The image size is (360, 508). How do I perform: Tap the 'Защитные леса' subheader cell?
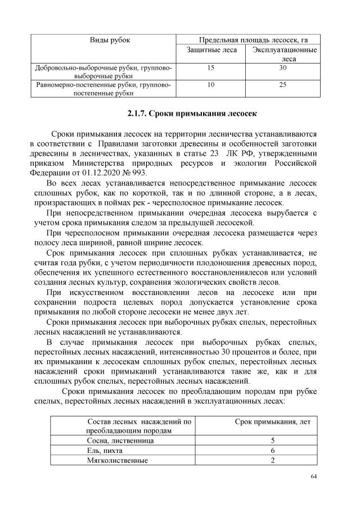[x=211, y=51]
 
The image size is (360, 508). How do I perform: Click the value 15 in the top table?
[x=211, y=68]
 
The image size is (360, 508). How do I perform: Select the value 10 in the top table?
[x=211, y=85]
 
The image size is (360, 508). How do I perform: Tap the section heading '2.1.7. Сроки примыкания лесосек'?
[x=192, y=114]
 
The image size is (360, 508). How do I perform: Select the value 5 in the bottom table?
[x=272, y=441]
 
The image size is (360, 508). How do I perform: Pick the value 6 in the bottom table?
[x=272, y=451]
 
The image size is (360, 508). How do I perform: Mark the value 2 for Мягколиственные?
[x=272, y=461]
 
